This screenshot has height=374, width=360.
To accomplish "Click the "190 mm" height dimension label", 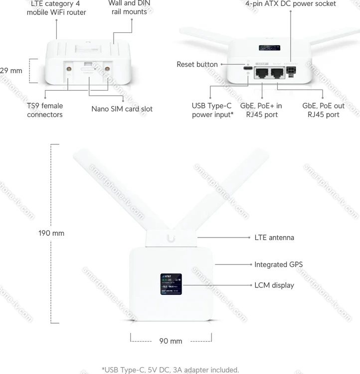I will click(x=51, y=233).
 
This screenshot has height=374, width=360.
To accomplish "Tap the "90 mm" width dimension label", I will click(x=171, y=341).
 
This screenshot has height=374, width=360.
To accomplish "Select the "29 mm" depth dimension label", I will click(x=11, y=71).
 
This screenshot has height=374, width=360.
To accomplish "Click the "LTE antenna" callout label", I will click(x=274, y=238).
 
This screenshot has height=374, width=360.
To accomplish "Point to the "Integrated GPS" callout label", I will click(x=278, y=264).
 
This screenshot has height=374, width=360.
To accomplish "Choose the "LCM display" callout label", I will click(x=274, y=285).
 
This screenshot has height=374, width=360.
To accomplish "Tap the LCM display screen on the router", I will click(x=171, y=283).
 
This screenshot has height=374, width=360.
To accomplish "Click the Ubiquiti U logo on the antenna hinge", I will click(x=171, y=238).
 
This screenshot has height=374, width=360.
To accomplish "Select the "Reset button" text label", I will click(x=197, y=64).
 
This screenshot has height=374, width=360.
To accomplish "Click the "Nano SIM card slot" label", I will click(x=122, y=109).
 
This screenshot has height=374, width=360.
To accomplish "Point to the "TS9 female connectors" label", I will click(x=45, y=110).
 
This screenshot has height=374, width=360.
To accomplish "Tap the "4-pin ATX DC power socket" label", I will click(x=290, y=4).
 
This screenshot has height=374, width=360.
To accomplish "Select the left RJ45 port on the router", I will click(x=262, y=74).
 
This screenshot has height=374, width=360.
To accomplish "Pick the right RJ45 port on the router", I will click(x=277, y=74).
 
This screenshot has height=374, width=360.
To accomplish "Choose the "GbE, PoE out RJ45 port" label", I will click(x=323, y=110).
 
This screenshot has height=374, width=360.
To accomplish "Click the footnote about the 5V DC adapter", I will click(x=171, y=370).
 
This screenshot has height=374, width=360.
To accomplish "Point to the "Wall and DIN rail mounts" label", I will click(x=129, y=7).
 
